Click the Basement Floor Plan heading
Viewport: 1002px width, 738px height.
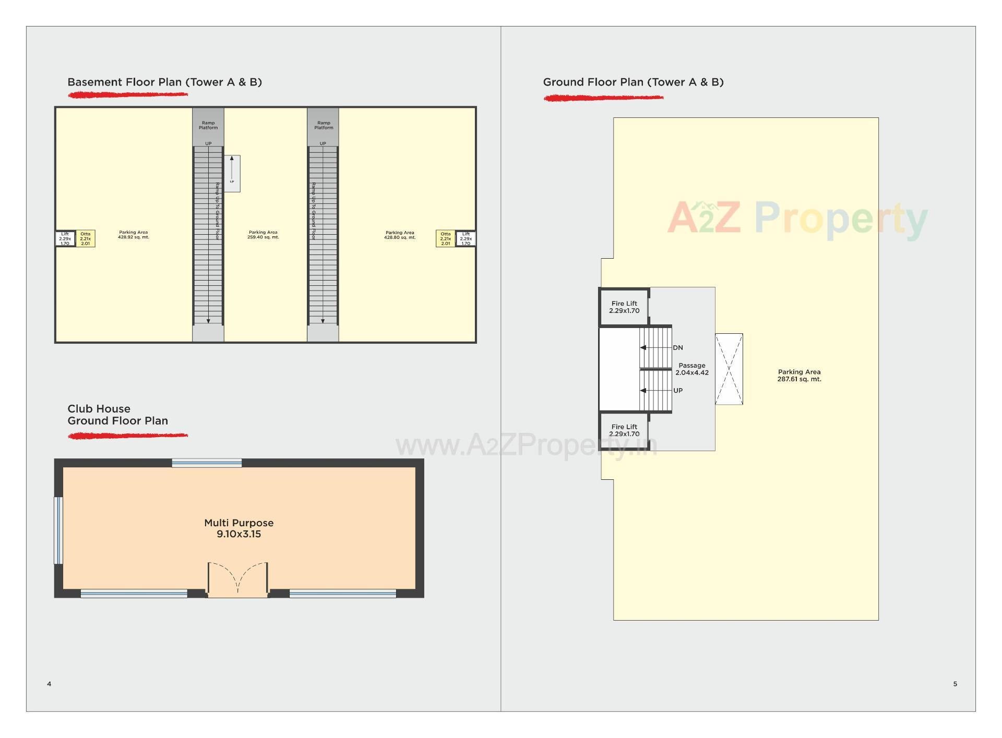pyautogui.click(x=164, y=82)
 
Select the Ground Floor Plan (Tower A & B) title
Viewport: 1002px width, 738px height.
pyautogui.click(x=633, y=82)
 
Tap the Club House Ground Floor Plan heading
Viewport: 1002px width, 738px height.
pyautogui.click(x=117, y=415)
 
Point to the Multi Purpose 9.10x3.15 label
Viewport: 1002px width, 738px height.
pyautogui.click(x=239, y=528)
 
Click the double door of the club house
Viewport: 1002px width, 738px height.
pyautogui.click(x=238, y=579)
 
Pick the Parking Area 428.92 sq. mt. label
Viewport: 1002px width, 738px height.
pyautogui.click(x=133, y=235)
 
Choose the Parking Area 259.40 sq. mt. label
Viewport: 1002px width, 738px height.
pyautogui.click(x=263, y=235)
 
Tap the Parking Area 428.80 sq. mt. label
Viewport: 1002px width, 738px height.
pyautogui.click(x=400, y=235)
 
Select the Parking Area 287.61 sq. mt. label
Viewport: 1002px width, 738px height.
pyautogui.click(x=799, y=376)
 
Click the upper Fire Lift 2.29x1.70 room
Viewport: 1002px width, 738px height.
pyautogui.click(x=624, y=307)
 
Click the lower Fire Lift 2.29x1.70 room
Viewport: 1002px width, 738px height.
pyautogui.click(x=624, y=430)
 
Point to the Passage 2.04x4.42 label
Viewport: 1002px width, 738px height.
pyautogui.click(x=692, y=369)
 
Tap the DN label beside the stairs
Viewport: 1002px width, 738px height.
pyautogui.click(x=678, y=348)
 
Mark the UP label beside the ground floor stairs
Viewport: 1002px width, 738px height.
pyautogui.click(x=678, y=391)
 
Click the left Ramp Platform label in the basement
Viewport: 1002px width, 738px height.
pyautogui.click(x=208, y=125)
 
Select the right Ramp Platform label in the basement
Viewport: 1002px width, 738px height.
pyautogui.click(x=324, y=125)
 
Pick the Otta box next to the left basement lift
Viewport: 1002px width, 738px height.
pyautogui.click(x=85, y=238)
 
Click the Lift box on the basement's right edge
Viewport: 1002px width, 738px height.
pyautogui.click(x=466, y=238)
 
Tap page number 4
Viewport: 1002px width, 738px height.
pyautogui.click(x=49, y=684)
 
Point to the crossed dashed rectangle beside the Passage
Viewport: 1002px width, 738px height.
pyautogui.click(x=729, y=369)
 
